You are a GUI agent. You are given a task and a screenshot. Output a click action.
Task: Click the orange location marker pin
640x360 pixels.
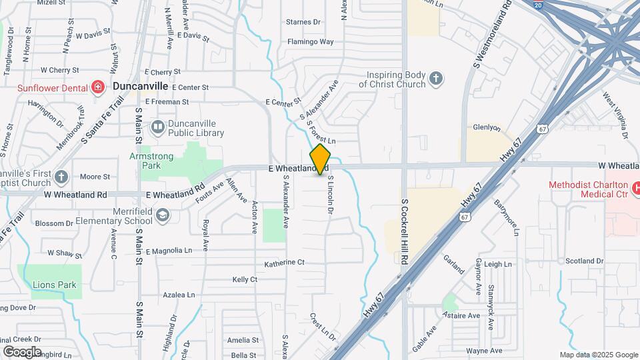click(x=320, y=159)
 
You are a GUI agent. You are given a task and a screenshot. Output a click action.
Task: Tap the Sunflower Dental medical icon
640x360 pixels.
click(x=98, y=87)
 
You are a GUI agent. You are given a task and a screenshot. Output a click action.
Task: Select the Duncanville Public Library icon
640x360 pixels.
click(x=158, y=126)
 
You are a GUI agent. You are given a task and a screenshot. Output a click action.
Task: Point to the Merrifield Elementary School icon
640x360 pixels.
click(x=163, y=215)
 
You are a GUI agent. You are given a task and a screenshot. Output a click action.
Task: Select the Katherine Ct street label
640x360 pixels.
click(x=284, y=263)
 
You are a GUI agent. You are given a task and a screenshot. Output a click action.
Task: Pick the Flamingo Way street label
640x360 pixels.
click(x=310, y=41)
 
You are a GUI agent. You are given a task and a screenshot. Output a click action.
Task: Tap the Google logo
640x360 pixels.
click(x=21, y=351)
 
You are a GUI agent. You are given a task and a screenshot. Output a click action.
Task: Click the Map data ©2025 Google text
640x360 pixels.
click(x=598, y=355)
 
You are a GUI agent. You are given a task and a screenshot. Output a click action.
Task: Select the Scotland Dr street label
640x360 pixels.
click(x=583, y=261)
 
